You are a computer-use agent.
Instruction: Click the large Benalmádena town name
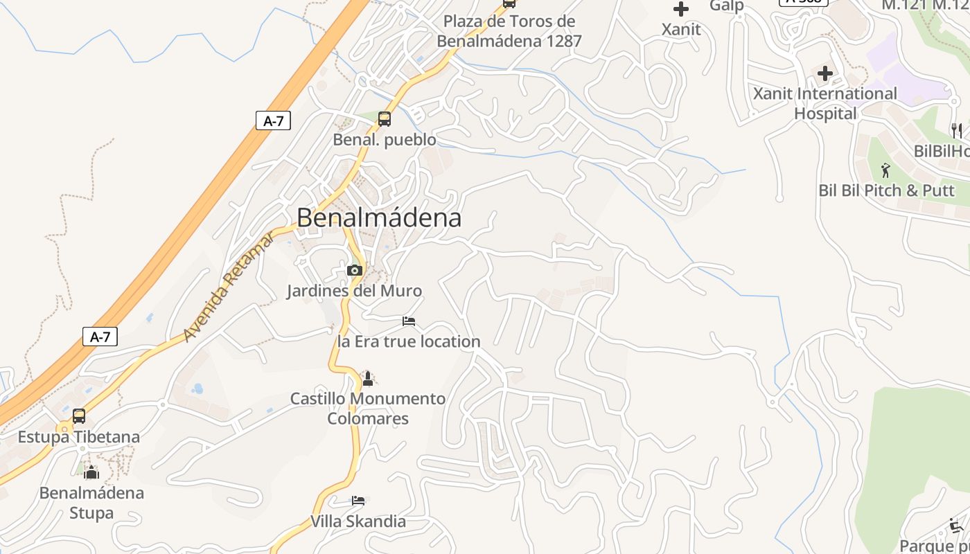(379, 217)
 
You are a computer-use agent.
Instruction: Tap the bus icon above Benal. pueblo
(385, 119)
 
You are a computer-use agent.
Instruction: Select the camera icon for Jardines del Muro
(354, 270)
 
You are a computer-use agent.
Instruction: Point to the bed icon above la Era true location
(409, 321)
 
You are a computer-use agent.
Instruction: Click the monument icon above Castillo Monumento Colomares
(368, 379)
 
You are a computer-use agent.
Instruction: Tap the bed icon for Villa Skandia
(358, 501)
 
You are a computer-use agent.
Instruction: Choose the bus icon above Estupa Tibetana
(79, 416)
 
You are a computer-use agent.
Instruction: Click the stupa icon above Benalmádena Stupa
(91, 473)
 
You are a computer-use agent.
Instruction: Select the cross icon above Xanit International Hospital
(824, 73)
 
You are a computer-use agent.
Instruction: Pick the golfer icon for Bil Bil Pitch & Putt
(885, 170)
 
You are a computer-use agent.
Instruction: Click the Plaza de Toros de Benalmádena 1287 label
(509, 31)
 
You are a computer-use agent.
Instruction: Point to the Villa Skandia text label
(358, 521)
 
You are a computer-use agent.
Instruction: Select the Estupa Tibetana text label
(78, 437)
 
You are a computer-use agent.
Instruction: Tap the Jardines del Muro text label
(354, 291)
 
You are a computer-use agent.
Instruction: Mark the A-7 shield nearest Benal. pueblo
(274, 120)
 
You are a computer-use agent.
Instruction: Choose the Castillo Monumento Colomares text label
(368, 409)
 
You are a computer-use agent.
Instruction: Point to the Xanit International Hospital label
(824, 103)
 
